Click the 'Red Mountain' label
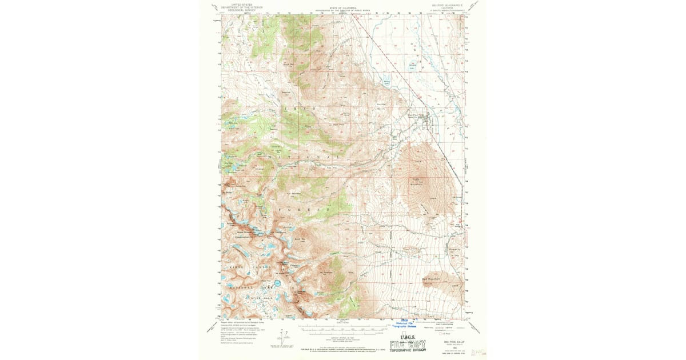(x=430, y=278)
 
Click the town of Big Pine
(x=427, y=118)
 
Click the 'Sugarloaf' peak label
(x=286, y=91)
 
